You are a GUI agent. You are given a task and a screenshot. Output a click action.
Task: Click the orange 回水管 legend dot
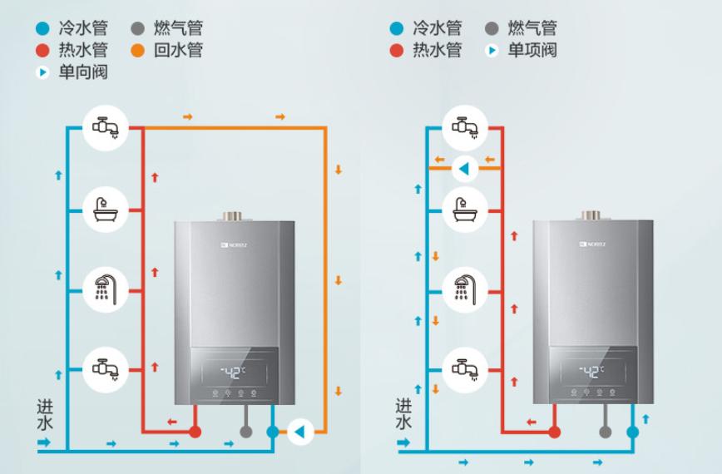(x=139, y=51)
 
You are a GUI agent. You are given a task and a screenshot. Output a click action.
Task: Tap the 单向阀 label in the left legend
(x=82, y=72)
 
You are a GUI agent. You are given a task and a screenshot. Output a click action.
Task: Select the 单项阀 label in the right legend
(x=532, y=51)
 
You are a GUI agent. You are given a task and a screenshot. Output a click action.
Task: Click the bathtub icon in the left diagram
(x=105, y=210)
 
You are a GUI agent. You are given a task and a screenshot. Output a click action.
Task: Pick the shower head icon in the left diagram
(x=105, y=289)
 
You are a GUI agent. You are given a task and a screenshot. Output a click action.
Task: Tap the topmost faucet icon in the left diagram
(x=105, y=127)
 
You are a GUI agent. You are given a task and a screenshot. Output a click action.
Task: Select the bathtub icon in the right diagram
(x=464, y=210)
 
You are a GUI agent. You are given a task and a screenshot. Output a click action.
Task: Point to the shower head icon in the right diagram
(x=464, y=289)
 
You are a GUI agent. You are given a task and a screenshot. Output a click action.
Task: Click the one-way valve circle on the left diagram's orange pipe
(x=299, y=431)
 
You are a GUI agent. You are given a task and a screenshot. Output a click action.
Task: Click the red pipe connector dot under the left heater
(x=195, y=432)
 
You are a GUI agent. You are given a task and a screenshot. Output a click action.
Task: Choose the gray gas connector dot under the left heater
(x=245, y=432)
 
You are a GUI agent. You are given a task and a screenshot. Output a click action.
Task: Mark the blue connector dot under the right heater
(x=633, y=432)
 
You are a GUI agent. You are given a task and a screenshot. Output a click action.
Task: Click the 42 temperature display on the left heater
(x=232, y=371)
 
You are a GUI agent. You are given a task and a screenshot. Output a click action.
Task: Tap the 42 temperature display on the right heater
(x=591, y=371)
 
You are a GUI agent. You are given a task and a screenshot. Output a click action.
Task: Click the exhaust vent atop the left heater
(x=233, y=216)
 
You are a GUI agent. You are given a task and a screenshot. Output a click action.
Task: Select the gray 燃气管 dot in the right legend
(x=492, y=29)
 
